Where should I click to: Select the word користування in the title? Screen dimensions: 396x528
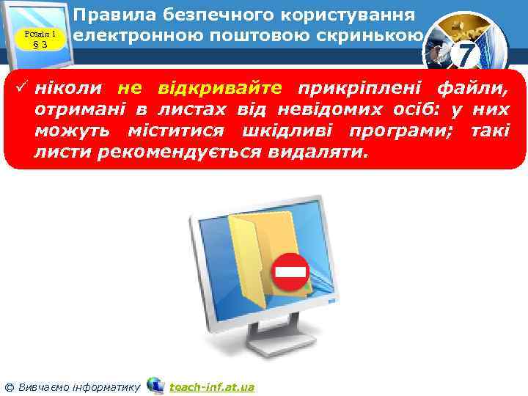pyautogui.click(x=344, y=15)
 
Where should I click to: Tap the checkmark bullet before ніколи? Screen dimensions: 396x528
pyautogui.click(x=22, y=89)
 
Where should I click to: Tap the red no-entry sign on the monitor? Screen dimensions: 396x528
pyautogui.click(x=290, y=273)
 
